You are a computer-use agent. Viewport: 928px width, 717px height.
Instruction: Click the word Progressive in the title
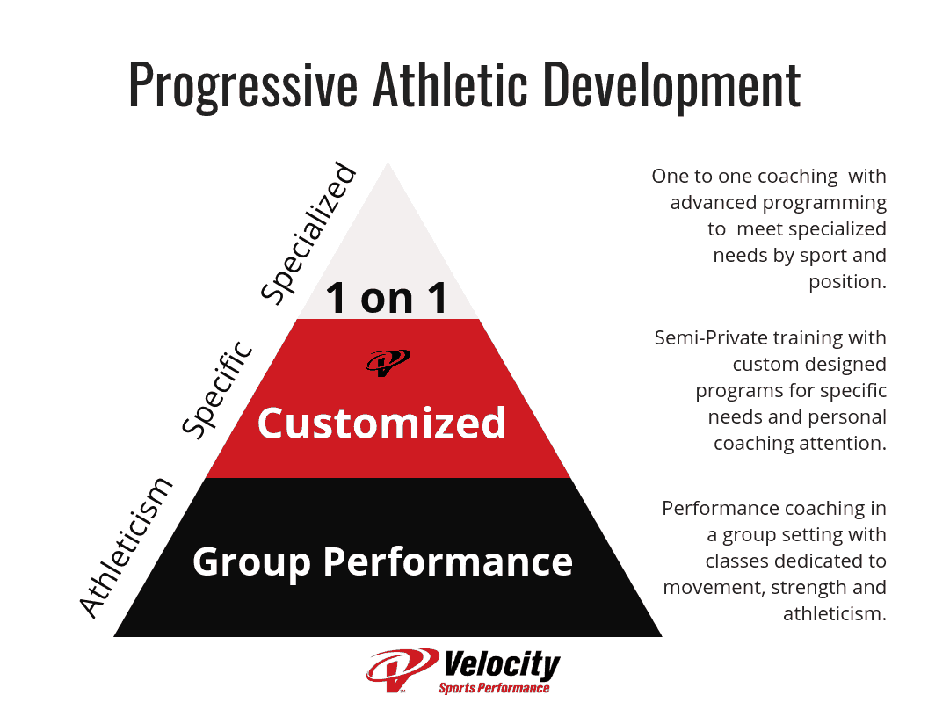(243, 86)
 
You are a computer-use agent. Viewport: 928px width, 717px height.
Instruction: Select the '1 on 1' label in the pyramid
(387, 297)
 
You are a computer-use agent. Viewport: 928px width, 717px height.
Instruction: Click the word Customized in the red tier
(381, 424)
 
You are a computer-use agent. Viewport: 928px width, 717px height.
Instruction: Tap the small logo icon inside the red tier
(388, 361)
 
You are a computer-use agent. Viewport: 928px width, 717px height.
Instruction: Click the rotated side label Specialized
(310, 232)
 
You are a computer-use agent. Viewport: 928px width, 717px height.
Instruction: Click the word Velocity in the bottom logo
(502, 665)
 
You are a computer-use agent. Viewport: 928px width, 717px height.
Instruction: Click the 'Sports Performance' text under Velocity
(494, 688)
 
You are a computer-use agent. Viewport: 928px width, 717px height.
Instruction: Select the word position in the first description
(847, 282)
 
